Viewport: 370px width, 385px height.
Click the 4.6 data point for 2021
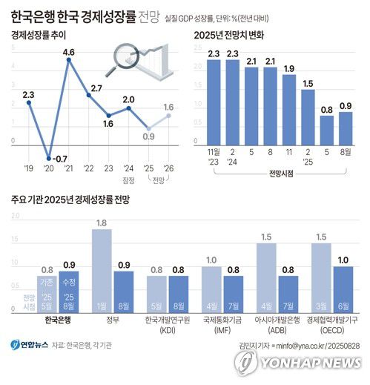69,60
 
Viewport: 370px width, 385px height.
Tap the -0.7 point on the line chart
49,158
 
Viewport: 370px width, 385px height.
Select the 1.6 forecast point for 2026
169,115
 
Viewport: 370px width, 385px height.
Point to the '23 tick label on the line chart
108,168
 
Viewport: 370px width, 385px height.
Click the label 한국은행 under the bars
57,321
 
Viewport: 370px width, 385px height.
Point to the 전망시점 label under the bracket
279,175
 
